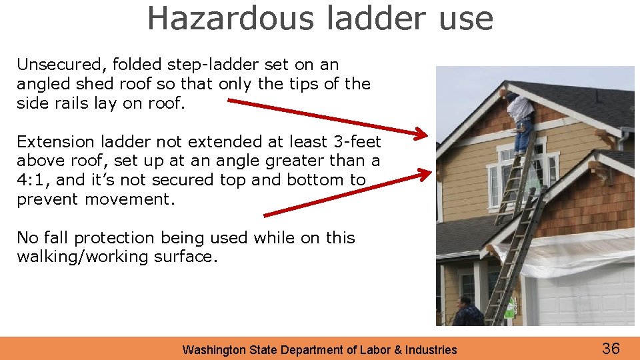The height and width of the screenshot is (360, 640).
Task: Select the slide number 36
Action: point(611,348)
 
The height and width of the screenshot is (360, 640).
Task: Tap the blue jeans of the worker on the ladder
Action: point(524,137)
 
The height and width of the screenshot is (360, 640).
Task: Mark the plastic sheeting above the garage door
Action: point(567,253)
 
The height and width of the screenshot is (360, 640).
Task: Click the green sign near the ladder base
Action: point(510,308)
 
